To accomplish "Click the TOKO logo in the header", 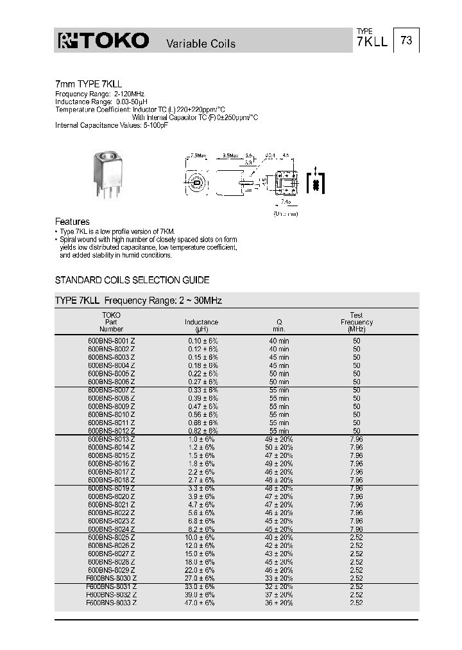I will tap(103, 42).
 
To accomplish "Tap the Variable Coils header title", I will tap(201, 44).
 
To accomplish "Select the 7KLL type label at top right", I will tap(372, 41).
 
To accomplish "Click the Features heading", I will tap(73, 222).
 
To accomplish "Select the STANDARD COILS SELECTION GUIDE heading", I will tap(132, 281).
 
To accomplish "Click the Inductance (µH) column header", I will tap(201, 325).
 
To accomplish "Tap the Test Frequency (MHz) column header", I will tap(356, 322).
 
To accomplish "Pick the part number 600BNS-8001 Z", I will tap(111, 341).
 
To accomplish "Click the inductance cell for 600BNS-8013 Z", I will tap(201, 439).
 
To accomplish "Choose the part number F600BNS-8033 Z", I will tap(111, 603).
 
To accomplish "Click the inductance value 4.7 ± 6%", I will tap(201, 505).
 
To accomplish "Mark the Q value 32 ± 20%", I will tap(279, 586).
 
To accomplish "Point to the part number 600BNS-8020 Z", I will tap(111, 496).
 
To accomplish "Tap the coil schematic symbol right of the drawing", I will tap(315, 184).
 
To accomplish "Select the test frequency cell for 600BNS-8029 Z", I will tap(356, 570).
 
